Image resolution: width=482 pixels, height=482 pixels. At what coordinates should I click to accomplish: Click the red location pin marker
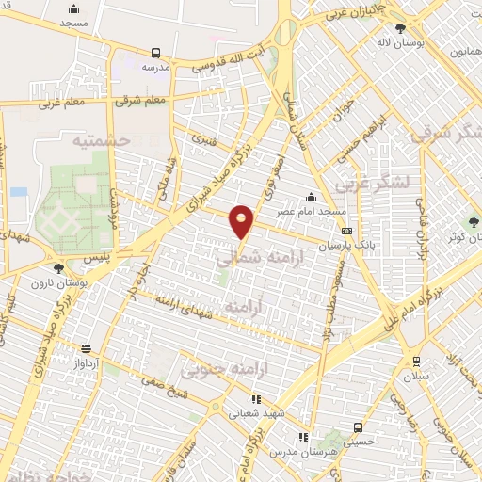click(x=242, y=220)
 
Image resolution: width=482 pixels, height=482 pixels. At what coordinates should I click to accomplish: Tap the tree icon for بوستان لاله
click(x=401, y=28)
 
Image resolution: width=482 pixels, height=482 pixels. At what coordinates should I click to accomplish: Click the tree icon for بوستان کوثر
click(x=474, y=222)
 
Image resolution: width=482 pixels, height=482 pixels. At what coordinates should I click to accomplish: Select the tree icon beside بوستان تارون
click(x=58, y=268)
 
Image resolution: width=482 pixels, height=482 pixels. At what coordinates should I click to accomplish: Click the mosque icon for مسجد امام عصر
click(x=312, y=197)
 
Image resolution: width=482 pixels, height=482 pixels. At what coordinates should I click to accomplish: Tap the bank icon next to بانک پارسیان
click(x=346, y=230)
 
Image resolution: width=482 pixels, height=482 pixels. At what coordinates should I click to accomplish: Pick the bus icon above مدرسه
click(x=155, y=53)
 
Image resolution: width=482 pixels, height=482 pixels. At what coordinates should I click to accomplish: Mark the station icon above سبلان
click(x=416, y=361)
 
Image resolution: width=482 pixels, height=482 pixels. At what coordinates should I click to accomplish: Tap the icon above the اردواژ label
click(x=87, y=347)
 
